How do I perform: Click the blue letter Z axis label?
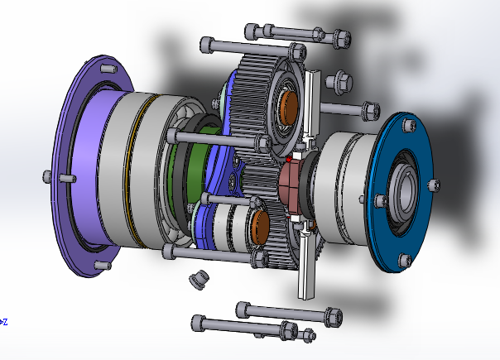point(4,322)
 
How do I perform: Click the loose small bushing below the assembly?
point(199,280)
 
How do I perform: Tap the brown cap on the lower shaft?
point(260,227)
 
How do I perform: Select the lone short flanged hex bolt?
point(339,80)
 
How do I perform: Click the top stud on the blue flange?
point(409,125)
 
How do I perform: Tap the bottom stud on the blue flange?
point(404,261)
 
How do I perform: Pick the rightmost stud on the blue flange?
point(434,185)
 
